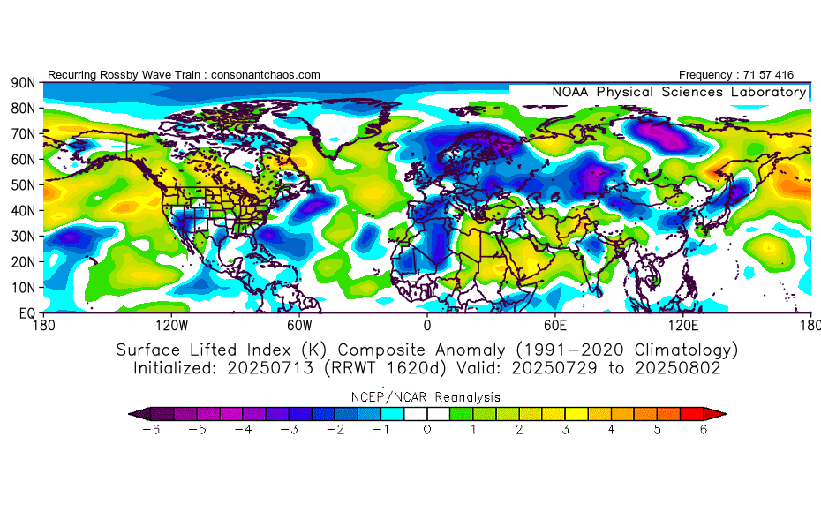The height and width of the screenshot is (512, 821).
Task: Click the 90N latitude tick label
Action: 22,82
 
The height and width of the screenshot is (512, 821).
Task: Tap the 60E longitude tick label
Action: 555,325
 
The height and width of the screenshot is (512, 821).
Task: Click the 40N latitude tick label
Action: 22,211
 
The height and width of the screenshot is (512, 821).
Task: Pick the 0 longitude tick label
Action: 427,325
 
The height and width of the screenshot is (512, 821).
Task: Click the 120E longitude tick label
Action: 682,325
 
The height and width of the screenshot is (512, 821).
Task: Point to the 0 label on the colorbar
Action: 428,430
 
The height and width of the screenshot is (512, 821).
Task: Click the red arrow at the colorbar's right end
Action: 720,413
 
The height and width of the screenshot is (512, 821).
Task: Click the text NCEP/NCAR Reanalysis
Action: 427,397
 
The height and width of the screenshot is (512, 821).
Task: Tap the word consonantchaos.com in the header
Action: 266,75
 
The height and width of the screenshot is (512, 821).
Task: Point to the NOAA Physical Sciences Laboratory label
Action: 679,92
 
